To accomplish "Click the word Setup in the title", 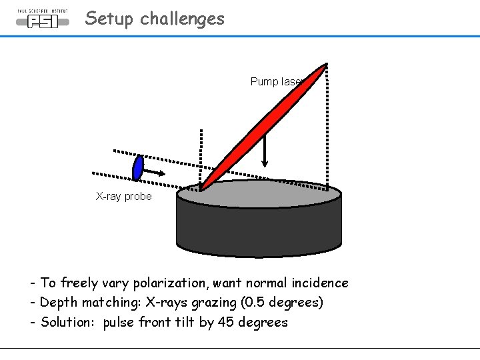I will [x=109, y=19].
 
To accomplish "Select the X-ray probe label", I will [x=123, y=196].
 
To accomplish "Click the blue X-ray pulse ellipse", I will [x=138, y=167].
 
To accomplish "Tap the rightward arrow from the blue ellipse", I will [x=155, y=173].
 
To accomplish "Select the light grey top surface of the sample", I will [x=280, y=193].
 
